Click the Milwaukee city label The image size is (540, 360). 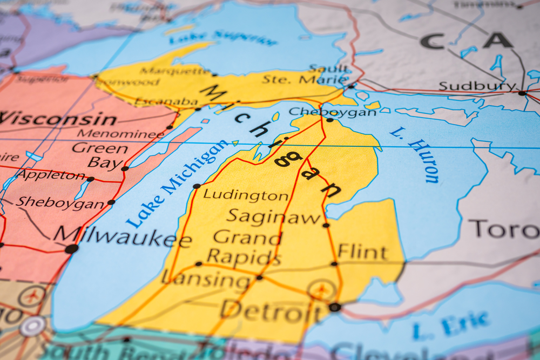(x=122, y=236)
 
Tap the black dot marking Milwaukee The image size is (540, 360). (x=71, y=249)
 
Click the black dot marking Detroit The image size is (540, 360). (x=335, y=307)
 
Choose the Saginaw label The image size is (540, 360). (x=274, y=217)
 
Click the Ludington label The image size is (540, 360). (x=246, y=195)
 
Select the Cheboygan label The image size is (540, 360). (x=332, y=112)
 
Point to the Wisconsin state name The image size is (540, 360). (x=58, y=118)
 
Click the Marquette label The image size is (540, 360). (x=174, y=71)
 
